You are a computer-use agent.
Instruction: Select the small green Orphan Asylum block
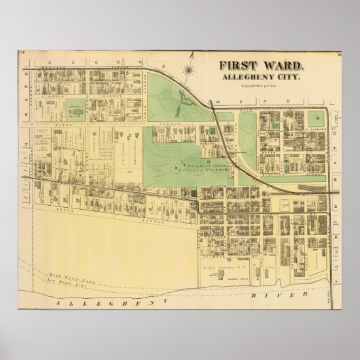coord(76,107)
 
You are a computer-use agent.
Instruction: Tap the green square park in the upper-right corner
coord(315,117)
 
